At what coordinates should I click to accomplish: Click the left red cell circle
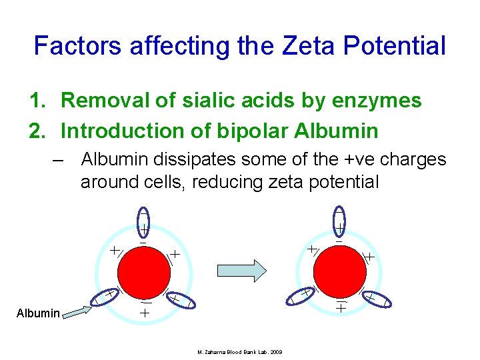click(x=143, y=270)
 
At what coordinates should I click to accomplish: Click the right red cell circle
click(x=339, y=270)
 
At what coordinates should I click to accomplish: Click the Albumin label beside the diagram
click(x=38, y=313)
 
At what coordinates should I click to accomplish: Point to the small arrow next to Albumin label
click(x=77, y=310)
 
